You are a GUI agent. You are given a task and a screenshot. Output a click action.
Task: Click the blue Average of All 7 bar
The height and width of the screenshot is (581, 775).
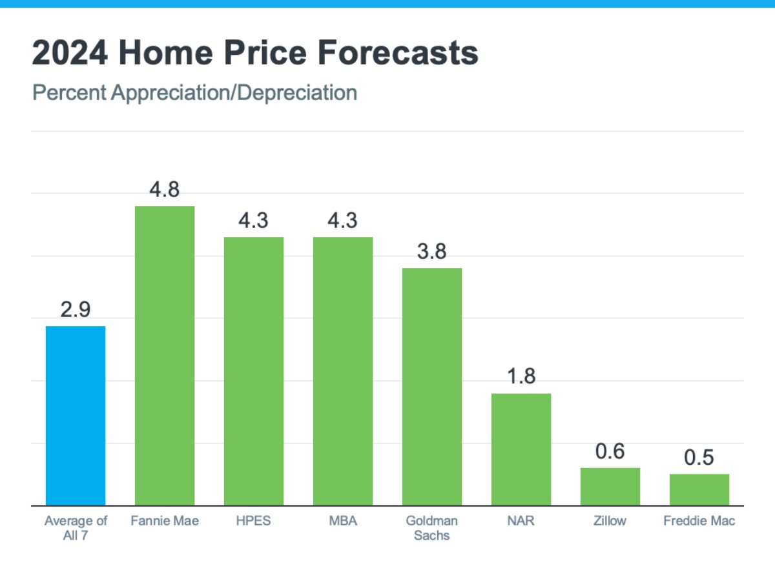tap(76, 416)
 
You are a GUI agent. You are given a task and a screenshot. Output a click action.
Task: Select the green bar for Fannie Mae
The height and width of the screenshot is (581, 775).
tap(164, 356)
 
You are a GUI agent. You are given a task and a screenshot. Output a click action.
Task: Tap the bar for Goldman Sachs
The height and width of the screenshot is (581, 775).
tap(432, 387)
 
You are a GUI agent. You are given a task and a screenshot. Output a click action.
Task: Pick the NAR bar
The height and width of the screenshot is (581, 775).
tap(521, 449)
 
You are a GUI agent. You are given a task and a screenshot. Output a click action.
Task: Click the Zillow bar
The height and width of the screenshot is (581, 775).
tap(610, 487)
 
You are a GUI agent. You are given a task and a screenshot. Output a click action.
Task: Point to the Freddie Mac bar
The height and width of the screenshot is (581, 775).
tap(699, 490)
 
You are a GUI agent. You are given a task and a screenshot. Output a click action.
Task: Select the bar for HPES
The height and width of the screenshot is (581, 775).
tap(254, 371)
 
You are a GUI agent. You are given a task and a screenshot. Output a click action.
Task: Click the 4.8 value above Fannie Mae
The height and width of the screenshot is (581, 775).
tap(164, 190)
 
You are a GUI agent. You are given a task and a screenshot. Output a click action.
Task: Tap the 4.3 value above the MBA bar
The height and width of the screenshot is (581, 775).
tap(343, 221)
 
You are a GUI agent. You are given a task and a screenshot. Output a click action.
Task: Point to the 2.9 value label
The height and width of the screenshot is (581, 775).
tap(76, 310)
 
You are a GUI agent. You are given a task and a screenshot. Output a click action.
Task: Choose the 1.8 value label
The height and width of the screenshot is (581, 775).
tap(521, 377)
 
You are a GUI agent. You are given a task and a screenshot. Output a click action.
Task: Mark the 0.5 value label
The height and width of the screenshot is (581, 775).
tap(699, 458)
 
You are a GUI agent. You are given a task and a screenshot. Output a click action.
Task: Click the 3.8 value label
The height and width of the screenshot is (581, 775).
tap(432, 252)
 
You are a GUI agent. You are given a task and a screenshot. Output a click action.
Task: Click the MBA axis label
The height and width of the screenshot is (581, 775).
tap(343, 520)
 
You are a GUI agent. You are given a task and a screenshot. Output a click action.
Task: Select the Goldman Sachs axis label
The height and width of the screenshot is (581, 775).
tap(432, 527)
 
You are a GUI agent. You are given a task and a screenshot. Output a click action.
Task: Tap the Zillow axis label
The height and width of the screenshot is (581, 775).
tap(610, 520)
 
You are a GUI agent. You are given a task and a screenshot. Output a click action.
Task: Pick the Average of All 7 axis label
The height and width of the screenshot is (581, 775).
tap(76, 527)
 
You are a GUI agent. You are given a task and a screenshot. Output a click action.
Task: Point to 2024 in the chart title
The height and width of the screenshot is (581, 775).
tap(69, 54)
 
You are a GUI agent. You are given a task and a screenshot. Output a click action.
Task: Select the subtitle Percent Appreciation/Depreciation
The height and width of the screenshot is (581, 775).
tap(194, 93)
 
